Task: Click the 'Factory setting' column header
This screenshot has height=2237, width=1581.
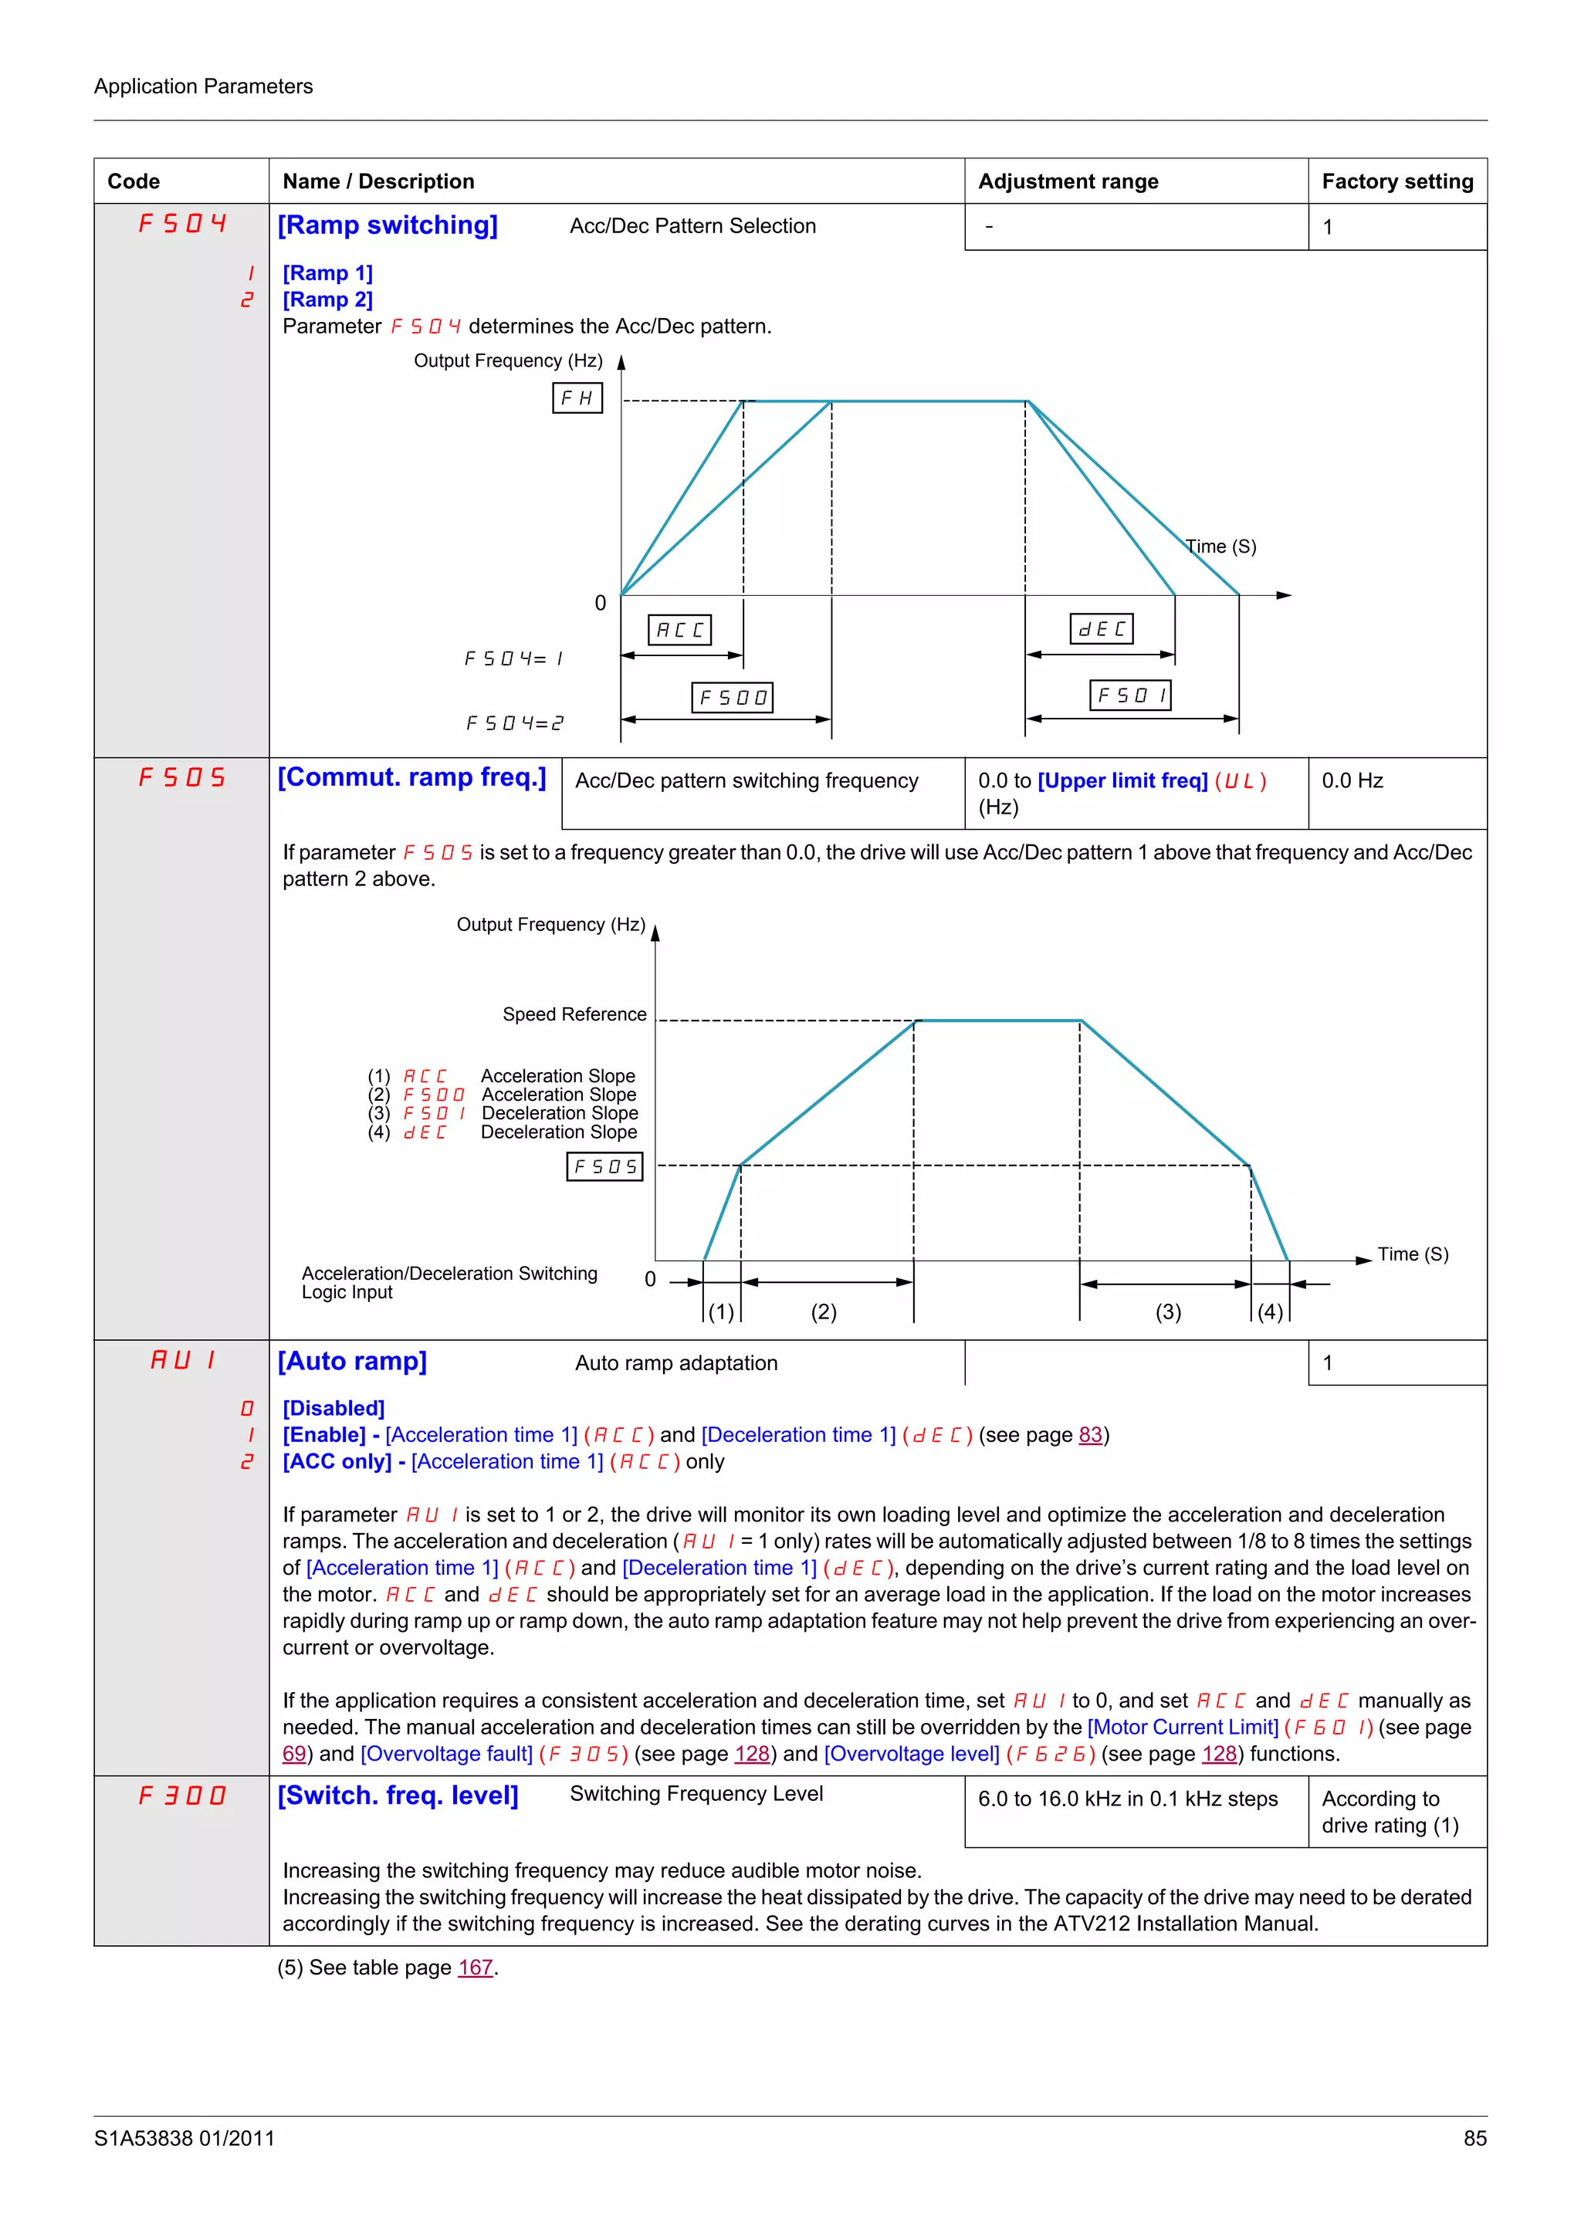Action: pyautogui.click(x=1397, y=181)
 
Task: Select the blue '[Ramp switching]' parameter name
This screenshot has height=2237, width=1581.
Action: pyautogui.click(x=388, y=225)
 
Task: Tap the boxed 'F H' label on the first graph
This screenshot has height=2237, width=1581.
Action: pyautogui.click(x=577, y=398)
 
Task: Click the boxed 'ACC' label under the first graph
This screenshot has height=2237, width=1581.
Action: pyautogui.click(x=680, y=629)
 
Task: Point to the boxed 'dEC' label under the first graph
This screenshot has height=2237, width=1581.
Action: pyautogui.click(x=1102, y=628)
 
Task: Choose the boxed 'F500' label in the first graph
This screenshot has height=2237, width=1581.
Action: pyautogui.click(x=733, y=698)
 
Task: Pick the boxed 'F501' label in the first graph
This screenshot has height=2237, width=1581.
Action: pyautogui.click(x=1130, y=695)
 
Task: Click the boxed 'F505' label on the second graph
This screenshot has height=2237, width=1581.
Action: pyautogui.click(x=605, y=1166)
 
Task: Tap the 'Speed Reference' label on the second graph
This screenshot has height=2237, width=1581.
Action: pyautogui.click(x=574, y=1014)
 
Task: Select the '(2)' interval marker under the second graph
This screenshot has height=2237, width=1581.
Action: pyautogui.click(x=824, y=1311)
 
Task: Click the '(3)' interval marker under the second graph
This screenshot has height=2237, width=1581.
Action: pyautogui.click(x=1168, y=1311)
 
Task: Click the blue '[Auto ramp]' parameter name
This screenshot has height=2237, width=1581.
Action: pyautogui.click(x=353, y=1361)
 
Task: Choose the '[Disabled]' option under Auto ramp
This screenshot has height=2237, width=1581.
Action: pyautogui.click(x=334, y=1408)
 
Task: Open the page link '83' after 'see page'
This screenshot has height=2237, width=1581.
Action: pyautogui.click(x=1090, y=1434)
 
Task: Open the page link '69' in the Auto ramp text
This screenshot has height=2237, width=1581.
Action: pyautogui.click(x=294, y=1754)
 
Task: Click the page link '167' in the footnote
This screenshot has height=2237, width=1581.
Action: pyautogui.click(x=476, y=1967)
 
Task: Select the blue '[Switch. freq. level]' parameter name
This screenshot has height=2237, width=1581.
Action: pyautogui.click(x=398, y=1795)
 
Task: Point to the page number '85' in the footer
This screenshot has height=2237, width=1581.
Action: pyautogui.click(x=1474, y=2137)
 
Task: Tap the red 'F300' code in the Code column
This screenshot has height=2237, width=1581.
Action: pyautogui.click(x=182, y=1795)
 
